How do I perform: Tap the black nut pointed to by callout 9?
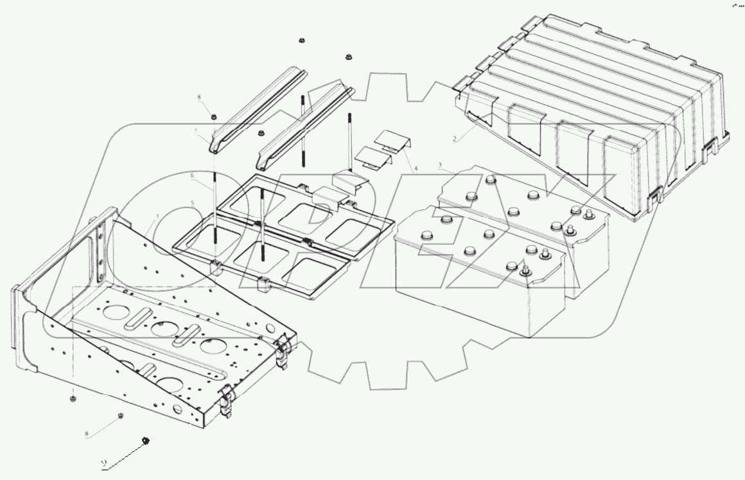point(146,440)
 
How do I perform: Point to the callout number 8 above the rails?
point(199,98)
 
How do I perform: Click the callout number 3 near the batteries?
point(439,166)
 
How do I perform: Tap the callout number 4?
point(416,168)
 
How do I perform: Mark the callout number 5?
point(191,203)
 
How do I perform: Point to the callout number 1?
point(156,217)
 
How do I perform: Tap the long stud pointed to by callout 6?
point(216,212)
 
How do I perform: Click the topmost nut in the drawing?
point(301,41)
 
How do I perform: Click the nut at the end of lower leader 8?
point(120,416)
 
